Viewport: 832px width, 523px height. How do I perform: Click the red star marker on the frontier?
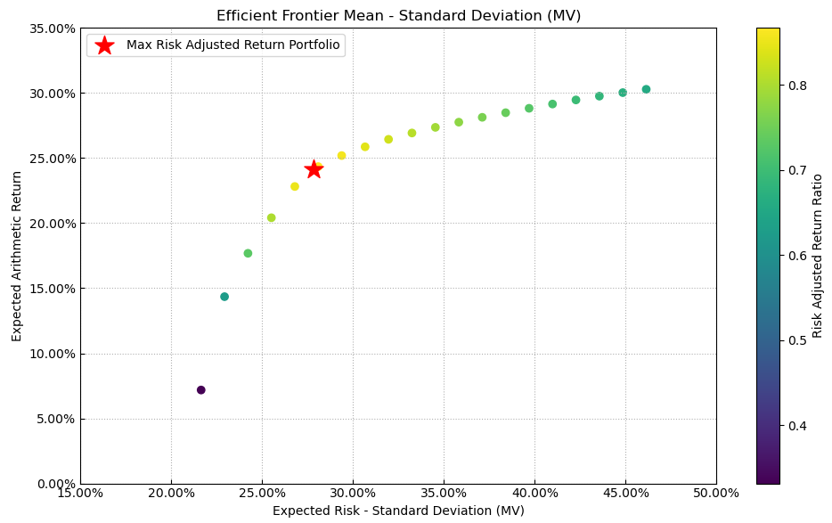point(314,169)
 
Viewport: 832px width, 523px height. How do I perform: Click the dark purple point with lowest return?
point(201,390)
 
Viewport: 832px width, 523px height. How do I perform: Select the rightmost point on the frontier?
point(646,89)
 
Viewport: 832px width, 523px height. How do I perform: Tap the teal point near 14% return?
point(224,297)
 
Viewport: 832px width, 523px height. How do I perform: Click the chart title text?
point(398,16)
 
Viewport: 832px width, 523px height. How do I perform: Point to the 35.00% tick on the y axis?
point(52,29)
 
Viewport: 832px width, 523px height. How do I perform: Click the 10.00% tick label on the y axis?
point(52,354)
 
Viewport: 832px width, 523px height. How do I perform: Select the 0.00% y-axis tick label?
point(54,484)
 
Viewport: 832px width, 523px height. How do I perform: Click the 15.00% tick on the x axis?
point(80,493)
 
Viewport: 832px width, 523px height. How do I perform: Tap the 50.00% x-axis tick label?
point(715,493)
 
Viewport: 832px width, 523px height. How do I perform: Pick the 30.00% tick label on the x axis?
point(353,493)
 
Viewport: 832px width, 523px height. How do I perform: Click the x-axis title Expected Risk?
point(398,511)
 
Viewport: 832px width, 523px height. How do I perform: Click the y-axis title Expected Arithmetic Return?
point(17,256)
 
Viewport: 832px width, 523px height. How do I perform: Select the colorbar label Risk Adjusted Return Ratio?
point(818,256)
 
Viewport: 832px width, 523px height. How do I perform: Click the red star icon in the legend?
point(104,45)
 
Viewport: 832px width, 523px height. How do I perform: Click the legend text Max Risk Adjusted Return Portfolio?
point(232,45)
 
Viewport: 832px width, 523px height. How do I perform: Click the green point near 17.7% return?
point(248,253)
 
